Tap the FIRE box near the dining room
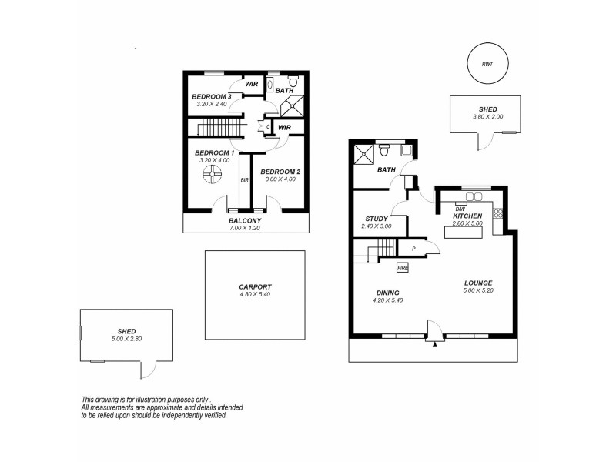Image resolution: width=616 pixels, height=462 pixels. (402, 268)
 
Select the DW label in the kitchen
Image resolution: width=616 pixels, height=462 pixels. (460, 209)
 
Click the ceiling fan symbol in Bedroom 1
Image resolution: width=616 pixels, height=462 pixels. (213, 178)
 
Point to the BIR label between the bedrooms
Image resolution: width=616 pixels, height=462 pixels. (245, 180)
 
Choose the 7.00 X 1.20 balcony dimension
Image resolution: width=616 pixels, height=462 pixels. (246, 229)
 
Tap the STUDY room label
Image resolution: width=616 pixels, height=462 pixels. (377, 219)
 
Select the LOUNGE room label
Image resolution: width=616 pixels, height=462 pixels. (478, 283)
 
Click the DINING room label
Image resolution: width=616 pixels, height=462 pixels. (387, 293)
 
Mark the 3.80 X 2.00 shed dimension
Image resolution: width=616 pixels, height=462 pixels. (487, 117)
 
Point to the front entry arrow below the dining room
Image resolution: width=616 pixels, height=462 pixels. (435, 343)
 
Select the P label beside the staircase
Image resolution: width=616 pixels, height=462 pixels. (413, 249)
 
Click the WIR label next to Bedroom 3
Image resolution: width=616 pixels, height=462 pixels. (251, 85)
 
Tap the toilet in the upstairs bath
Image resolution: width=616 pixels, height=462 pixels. (293, 80)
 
